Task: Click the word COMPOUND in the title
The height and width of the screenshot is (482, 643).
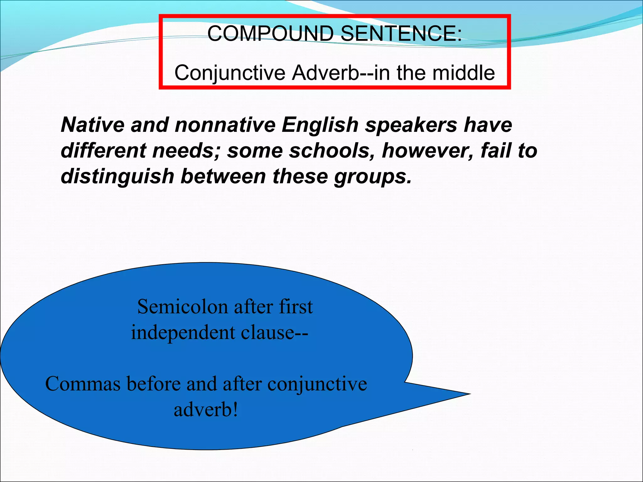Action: pos(270,33)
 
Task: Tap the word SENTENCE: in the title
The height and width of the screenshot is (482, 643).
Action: pos(401,33)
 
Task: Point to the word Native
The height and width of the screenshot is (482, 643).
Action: pos(92,125)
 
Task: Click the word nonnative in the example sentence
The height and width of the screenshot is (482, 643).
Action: pos(225,125)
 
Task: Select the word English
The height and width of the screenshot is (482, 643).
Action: pos(320,125)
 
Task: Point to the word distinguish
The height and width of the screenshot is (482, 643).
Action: pos(117,177)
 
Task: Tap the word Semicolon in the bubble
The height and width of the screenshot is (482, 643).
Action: pos(182,307)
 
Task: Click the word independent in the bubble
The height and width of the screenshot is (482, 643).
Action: pos(183,333)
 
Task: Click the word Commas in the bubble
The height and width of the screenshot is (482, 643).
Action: pos(83,384)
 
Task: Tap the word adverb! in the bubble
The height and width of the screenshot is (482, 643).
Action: pos(206,410)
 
